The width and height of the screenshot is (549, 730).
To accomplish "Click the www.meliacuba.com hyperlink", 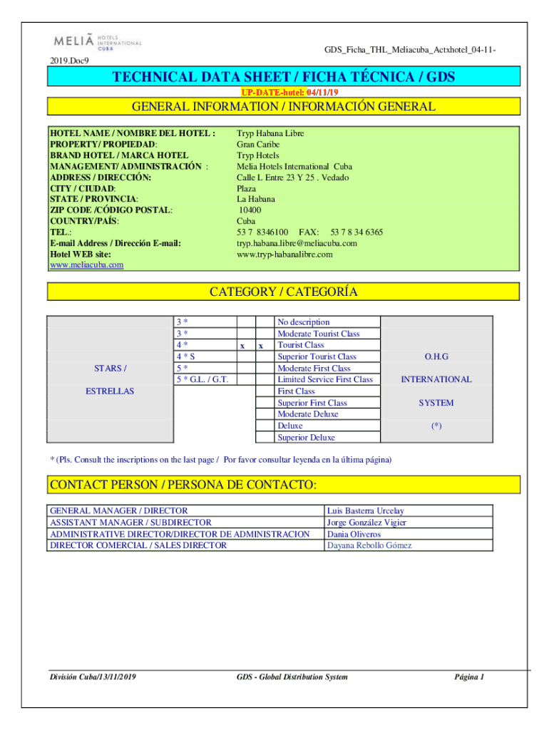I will [x=86, y=265].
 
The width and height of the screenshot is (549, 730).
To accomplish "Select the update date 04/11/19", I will [x=322, y=93].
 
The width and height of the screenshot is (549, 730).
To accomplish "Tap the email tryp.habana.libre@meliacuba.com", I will [x=297, y=243].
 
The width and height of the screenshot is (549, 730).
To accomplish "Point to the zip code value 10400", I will [x=250, y=210].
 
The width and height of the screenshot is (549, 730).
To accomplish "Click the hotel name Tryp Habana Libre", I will [x=270, y=133].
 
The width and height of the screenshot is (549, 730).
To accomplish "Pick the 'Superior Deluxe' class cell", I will [x=306, y=438].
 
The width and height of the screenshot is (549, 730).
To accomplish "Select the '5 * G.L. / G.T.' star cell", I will [x=202, y=379].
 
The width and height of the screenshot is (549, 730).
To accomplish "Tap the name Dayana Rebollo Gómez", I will [x=369, y=545].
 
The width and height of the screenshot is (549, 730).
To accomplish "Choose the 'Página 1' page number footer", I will [x=469, y=677].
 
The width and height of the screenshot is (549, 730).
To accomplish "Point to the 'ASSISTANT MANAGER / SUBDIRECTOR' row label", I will [x=130, y=523].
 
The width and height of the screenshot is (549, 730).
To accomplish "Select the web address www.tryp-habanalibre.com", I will [x=284, y=255].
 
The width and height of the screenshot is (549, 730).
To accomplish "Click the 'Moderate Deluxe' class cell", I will [x=308, y=414].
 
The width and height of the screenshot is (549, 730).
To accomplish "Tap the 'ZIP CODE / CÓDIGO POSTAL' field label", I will [x=111, y=210].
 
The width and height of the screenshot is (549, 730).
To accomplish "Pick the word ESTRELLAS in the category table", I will [x=110, y=391].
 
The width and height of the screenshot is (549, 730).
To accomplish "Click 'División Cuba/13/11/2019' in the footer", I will [x=93, y=677].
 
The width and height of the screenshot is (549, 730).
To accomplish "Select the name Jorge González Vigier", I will [x=366, y=523].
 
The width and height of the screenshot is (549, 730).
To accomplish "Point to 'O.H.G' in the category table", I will [x=436, y=356].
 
